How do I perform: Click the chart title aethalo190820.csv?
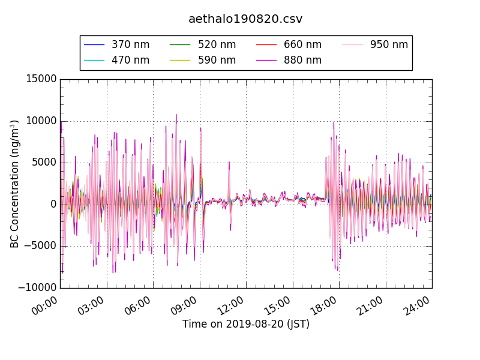(245, 19)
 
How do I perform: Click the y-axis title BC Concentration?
(14, 184)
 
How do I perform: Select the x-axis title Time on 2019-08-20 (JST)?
(246, 325)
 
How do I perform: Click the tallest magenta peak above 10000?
(176, 115)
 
